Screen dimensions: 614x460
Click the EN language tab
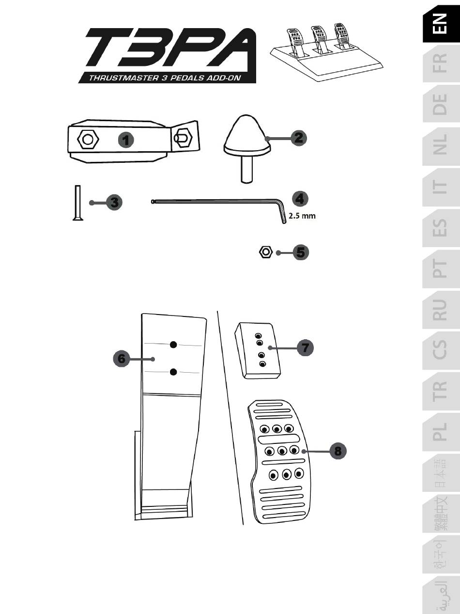[x=441, y=24]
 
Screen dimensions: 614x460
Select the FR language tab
[x=441, y=63]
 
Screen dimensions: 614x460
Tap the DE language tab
[x=441, y=104]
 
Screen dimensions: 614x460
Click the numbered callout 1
[x=126, y=141]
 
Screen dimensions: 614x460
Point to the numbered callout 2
[x=299, y=137]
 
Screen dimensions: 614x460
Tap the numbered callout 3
[x=114, y=203]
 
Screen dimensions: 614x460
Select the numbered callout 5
[x=301, y=252]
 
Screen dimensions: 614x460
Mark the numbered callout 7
[x=305, y=347]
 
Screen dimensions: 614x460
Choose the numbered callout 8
[x=338, y=451]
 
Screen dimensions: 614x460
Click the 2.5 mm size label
[x=302, y=216]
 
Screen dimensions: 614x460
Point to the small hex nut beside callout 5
[x=265, y=252]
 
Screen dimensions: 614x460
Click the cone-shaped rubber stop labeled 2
[x=245, y=138]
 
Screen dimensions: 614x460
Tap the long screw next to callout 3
[x=76, y=203]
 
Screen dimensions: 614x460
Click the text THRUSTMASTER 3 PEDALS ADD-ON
[x=165, y=78]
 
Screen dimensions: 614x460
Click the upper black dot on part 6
[x=173, y=345]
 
